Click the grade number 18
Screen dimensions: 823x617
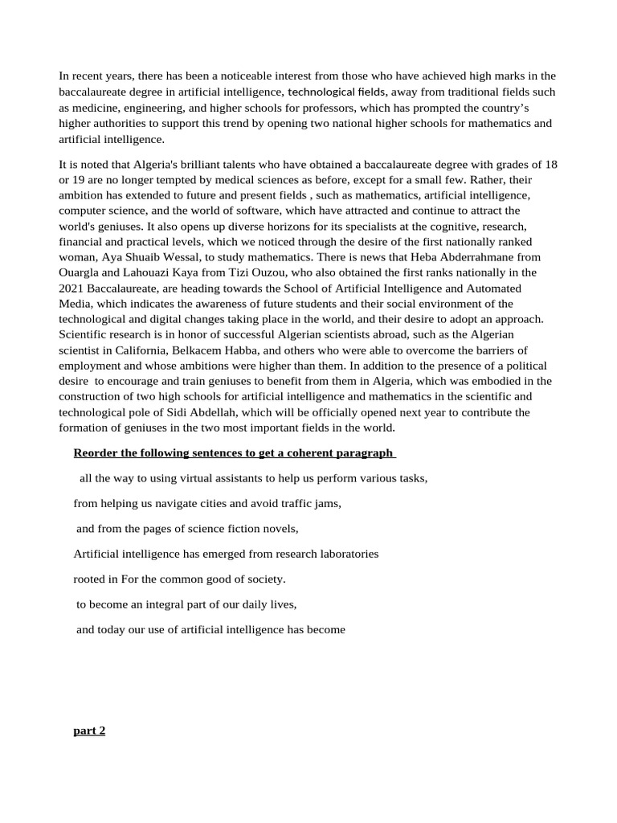coord(550,165)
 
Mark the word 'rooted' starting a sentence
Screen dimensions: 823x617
coord(89,579)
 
